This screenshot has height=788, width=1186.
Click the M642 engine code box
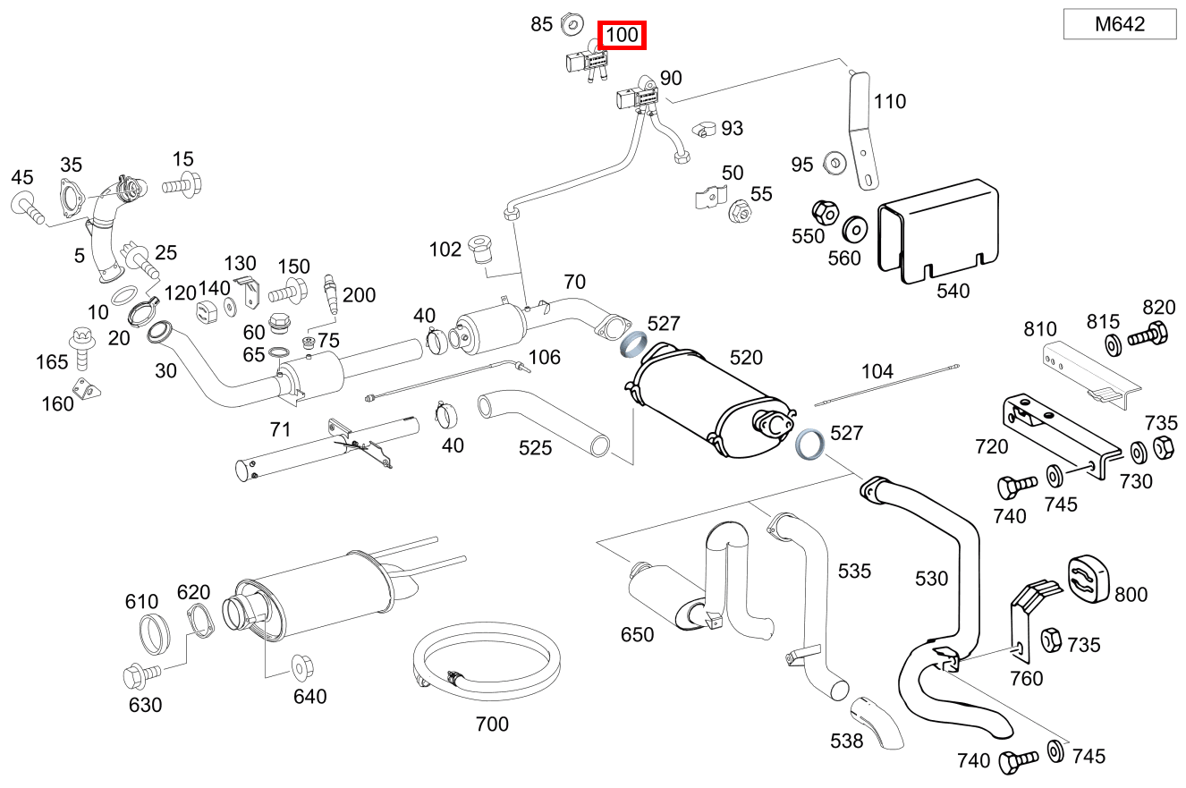pyautogui.click(x=1119, y=24)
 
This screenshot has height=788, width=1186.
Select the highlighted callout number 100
pyautogui.click(x=623, y=36)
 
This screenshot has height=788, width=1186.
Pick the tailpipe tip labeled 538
pyautogui.click(x=877, y=723)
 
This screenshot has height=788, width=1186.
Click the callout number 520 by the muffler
pyautogui.click(x=746, y=358)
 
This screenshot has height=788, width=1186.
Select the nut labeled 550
pyautogui.click(x=825, y=213)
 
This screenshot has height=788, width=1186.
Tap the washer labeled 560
pyautogui.click(x=856, y=228)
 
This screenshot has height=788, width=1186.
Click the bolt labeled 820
pyautogui.click(x=1148, y=337)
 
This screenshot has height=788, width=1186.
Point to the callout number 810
pyautogui.click(x=1040, y=329)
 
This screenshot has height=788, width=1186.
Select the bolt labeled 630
pyautogui.click(x=142, y=671)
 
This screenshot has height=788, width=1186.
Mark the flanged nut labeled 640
pyautogui.click(x=301, y=665)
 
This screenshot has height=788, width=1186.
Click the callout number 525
pyautogui.click(x=535, y=446)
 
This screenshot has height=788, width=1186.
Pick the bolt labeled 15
pyautogui.click(x=183, y=187)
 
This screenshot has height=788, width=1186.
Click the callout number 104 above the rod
pyautogui.click(x=877, y=370)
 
